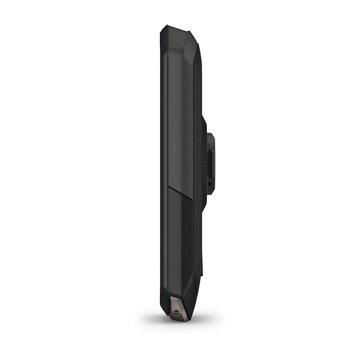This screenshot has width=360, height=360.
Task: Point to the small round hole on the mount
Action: coord(209,184)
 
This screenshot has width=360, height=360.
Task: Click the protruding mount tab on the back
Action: coord(211,163)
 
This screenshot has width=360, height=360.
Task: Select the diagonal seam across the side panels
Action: coord(180,193)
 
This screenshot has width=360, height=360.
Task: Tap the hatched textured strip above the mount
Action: coord(199,88)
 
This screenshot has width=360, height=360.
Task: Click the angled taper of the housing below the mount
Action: coord(204,207)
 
